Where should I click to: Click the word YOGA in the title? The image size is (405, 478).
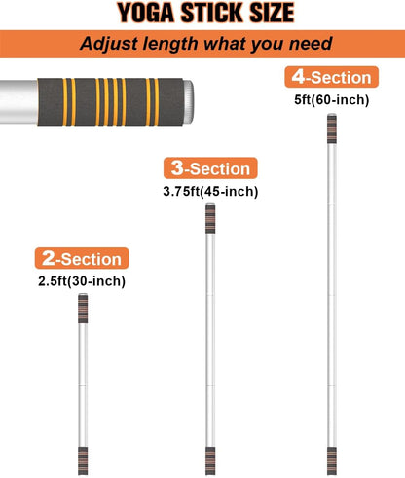(146, 13)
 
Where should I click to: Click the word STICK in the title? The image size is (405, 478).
(212, 13)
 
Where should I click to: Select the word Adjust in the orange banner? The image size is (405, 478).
(107, 44)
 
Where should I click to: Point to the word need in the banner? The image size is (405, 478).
(311, 44)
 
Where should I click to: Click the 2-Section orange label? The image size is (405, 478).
(82, 258)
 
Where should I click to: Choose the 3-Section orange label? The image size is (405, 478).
(210, 168)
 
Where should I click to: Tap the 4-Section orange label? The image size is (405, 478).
(332, 77)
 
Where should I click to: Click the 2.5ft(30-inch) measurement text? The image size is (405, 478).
(82, 281)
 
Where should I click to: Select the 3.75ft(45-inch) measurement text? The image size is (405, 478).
(210, 191)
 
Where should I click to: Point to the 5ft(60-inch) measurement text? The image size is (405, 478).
(332, 99)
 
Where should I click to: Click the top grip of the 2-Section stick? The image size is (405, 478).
(83, 309)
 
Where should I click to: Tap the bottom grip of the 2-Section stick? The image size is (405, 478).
(83, 460)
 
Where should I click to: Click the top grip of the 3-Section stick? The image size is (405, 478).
(210, 219)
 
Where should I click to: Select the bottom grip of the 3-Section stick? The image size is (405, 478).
(210, 460)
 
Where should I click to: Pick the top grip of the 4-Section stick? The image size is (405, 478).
(332, 129)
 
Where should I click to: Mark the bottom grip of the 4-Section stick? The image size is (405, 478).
(332, 460)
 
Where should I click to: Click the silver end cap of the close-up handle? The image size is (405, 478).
(189, 101)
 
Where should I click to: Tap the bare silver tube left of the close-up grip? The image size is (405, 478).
(18, 101)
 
